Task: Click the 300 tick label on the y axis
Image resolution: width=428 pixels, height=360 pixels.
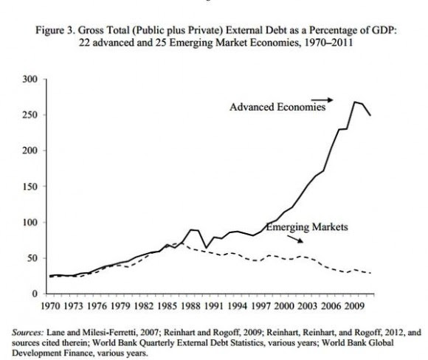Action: [x=30, y=79]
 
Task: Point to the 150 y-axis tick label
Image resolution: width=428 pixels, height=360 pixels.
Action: [x=30, y=187]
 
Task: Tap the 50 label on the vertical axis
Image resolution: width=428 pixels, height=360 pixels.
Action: [x=32, y=258]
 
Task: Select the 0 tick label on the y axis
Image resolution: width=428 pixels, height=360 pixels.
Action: [x=35, y=294]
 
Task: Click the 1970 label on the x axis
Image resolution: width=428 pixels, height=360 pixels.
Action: [x=50, y=306]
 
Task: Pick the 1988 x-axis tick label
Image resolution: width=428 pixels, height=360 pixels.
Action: [x=190, y=306]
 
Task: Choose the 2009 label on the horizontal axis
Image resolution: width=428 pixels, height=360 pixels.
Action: [x=354, y=306]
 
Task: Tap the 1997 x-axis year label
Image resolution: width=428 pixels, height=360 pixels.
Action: [x=260, y=306]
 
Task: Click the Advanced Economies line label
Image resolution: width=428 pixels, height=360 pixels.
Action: [x=277, y=107]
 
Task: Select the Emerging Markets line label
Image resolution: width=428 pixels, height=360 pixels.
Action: [x=307, y=227]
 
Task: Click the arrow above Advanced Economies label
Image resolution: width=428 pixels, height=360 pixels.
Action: [x=322, y=100]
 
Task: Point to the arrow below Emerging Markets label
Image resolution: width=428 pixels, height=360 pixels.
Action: [x=294, y=239]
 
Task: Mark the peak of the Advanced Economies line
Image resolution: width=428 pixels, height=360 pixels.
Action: [x=354, y=102]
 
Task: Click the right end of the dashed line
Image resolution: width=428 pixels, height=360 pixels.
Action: [x=370, y=273]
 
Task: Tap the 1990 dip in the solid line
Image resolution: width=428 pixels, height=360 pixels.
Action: [x=206, y=248]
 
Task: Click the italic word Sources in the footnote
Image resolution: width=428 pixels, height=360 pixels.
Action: [x=27, y=333]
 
